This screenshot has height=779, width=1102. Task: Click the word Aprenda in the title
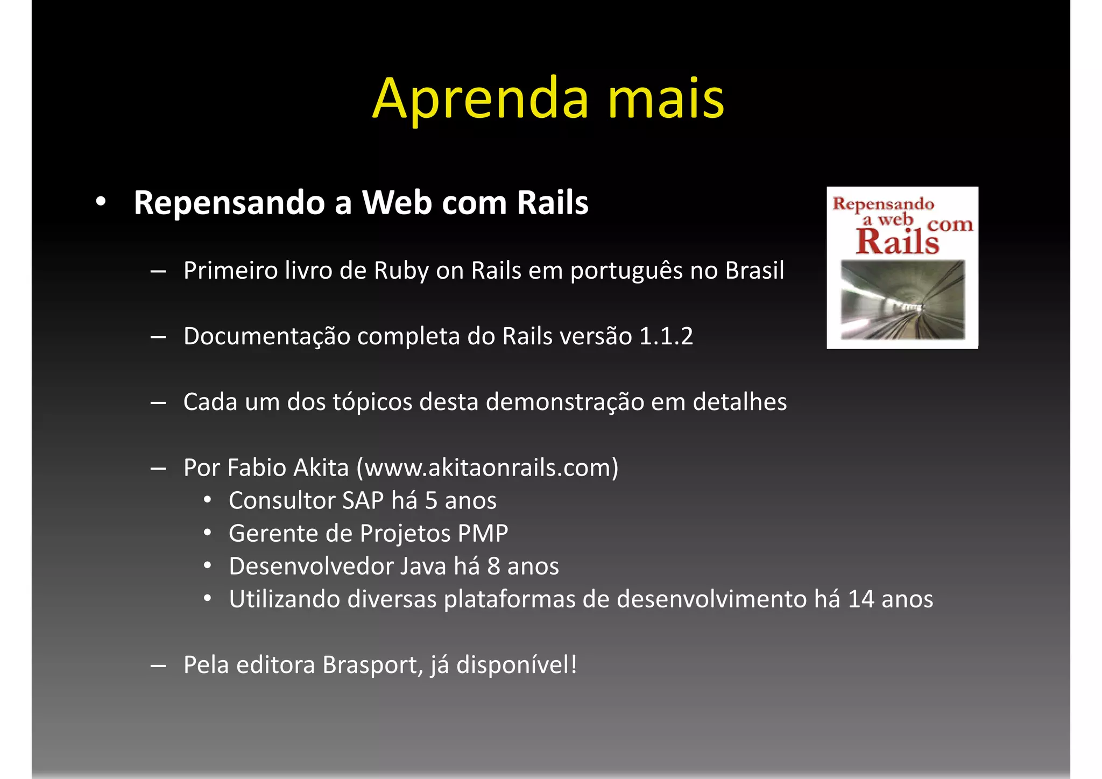481,100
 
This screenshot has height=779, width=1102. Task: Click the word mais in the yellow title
666,100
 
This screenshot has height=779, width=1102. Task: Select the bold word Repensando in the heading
230,203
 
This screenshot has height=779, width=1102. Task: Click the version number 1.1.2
666,337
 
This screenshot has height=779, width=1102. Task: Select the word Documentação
267,337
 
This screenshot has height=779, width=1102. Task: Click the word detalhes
739,402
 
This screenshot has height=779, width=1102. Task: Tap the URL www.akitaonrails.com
491,468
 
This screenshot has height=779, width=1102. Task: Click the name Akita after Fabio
324,468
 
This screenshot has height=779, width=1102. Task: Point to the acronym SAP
363,501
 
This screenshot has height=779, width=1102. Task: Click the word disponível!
517,665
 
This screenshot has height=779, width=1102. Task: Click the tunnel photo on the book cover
902,300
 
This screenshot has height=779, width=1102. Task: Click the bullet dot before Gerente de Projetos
208,534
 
